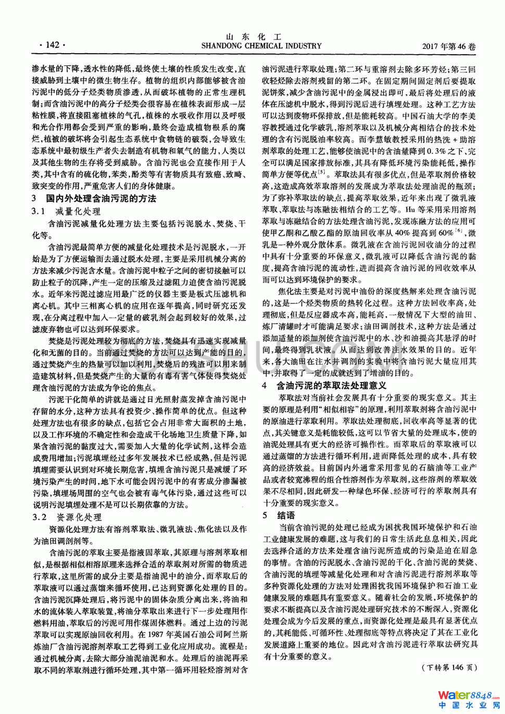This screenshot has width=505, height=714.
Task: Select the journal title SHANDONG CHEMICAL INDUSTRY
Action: coord(254,46)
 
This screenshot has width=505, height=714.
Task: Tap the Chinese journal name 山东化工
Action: coord(254,37)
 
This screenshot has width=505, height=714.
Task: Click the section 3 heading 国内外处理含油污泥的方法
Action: coord(101,198)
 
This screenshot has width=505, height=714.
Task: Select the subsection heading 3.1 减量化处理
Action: coord(66,211)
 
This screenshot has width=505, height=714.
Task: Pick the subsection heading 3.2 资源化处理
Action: coord(67,517)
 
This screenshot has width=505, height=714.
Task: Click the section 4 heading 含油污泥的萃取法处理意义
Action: coord(331,386)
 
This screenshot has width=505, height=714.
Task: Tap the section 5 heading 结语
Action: coord(286,515)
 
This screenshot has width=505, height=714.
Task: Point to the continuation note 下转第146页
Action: coord(449,668)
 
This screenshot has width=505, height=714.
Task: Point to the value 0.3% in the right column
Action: coord(436,151)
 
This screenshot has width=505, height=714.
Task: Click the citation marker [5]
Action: coord(323,172)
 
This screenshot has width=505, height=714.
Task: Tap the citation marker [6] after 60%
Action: coord(458,230)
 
